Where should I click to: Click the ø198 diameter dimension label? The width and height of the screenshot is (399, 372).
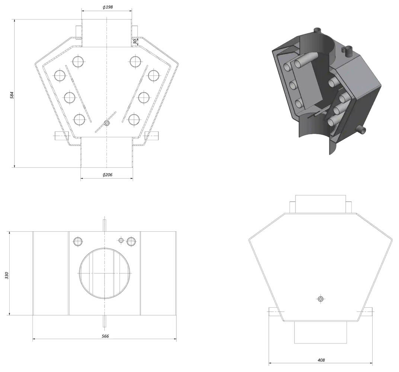tap(108, 7)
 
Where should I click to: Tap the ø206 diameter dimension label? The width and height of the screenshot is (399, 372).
tap(107, 175)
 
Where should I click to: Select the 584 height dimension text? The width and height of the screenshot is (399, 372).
tap(12, 95)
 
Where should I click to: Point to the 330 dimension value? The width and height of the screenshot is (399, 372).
tap(7, 276)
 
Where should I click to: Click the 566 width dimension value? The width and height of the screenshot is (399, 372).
tap(105, 336)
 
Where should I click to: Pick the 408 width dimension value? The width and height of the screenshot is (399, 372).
tap(321, 360)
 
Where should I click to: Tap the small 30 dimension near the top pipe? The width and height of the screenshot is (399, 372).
tap(135, 41)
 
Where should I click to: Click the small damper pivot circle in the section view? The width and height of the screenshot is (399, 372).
tap(107, 124)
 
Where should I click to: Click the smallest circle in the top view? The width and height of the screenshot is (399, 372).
tap(121, 240)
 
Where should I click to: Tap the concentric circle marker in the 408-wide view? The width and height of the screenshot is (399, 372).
tap(320, 299)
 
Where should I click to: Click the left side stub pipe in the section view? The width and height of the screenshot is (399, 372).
tap(62, 136)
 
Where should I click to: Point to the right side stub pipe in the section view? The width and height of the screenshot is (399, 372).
tap(152, 136)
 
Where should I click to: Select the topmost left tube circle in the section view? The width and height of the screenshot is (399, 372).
tap(78, 61)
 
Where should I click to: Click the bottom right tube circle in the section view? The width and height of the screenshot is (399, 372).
tap(134, 119)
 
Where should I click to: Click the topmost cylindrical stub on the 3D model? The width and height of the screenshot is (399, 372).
tap(317, 31)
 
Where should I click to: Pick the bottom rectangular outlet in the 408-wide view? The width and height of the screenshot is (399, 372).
tap(320, 332)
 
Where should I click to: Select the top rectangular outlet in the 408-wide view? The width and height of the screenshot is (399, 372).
tap(320, 204)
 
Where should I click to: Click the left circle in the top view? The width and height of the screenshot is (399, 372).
tap(78, 241)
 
